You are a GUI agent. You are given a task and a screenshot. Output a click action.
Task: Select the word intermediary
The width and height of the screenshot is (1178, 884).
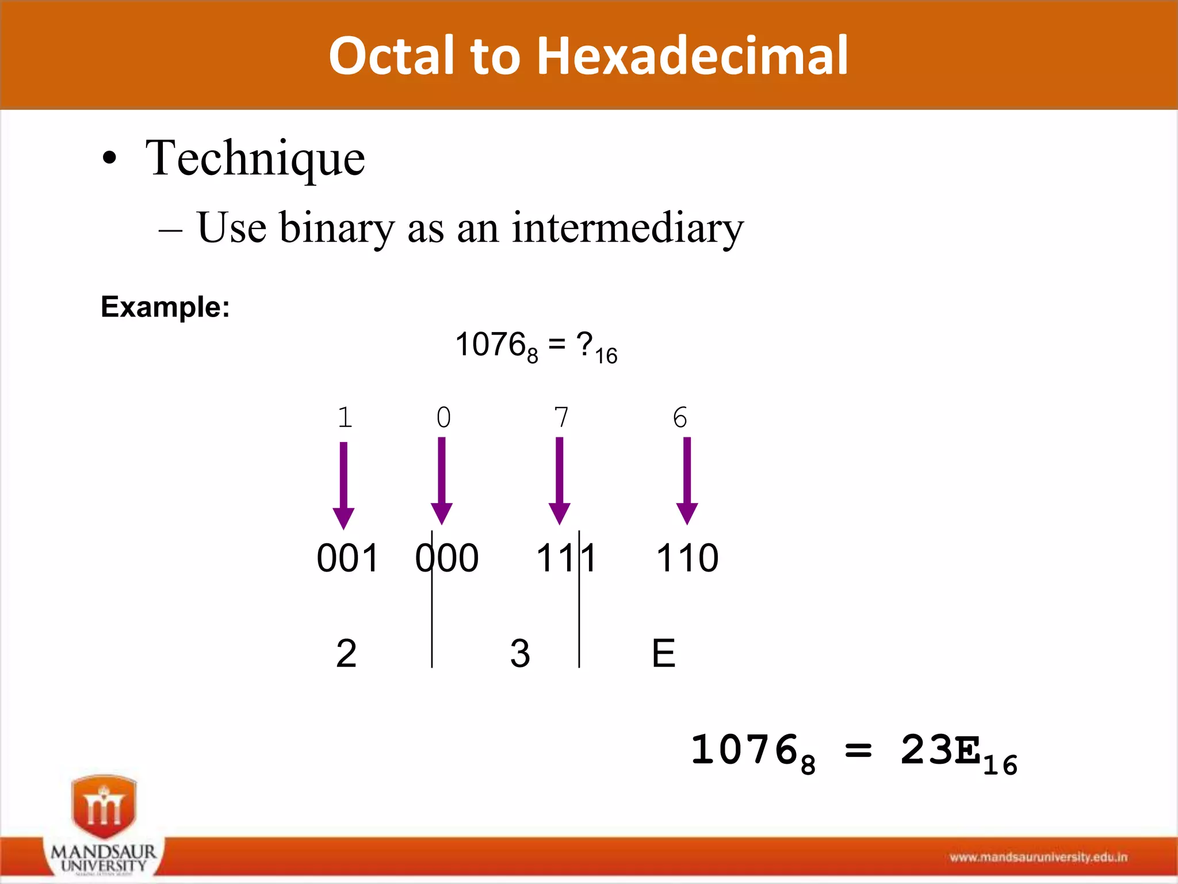click(628, 228)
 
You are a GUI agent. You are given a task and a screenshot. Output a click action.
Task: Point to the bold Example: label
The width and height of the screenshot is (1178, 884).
click(165, 307)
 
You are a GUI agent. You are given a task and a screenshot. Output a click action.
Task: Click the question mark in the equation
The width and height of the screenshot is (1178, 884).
click(585, 345)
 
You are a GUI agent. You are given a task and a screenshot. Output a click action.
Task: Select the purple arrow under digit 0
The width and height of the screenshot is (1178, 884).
click(442, 481)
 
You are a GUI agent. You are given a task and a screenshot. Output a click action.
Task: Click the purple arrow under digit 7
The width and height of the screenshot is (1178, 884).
click(560, 481)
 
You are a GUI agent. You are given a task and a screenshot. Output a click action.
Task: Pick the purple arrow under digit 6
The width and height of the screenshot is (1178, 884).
click(687, 481)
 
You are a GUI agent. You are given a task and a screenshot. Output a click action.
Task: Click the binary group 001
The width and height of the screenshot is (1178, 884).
click(347, 558)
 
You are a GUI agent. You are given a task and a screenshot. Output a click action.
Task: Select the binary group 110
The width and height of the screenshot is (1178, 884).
click(687, 558)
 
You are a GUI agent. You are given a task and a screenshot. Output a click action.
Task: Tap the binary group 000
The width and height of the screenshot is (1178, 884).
click(447, 558)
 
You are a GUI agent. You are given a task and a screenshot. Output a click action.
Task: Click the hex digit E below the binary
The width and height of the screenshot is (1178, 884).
click(663, 653)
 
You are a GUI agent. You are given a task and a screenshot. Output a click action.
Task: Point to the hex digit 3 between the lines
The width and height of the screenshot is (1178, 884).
click(520, 653)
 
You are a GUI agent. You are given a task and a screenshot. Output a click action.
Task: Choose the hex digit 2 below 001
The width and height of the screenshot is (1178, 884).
click(346, 653)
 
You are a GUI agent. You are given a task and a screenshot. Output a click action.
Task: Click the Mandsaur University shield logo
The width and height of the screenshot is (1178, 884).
click(104, 806)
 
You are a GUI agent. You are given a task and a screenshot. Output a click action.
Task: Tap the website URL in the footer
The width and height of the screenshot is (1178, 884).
click(1038, 858)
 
